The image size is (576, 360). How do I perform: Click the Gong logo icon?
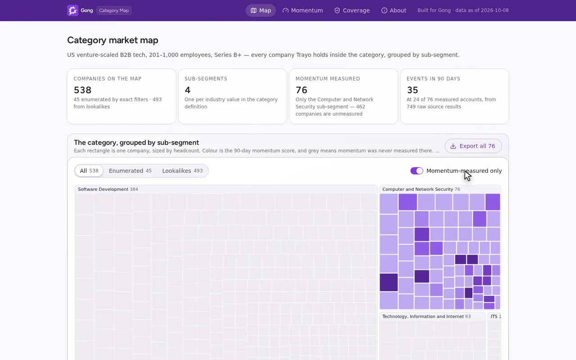coord(72,10)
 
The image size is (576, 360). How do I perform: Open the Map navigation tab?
coord(261,10)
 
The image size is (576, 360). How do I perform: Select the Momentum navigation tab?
coord(303,10)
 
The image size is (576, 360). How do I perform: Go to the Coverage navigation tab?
coord(352,10)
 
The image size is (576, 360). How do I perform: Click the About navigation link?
coord(394,10)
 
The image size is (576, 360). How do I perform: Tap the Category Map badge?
coord(114,10)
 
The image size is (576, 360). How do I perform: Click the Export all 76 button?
coord(473,146)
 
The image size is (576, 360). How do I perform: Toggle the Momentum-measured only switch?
coord(417,171)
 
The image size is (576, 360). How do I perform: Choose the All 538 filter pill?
coord(89,171)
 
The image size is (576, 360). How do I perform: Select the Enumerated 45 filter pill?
coord(130,171)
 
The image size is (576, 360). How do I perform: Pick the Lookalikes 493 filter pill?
coord(182,171)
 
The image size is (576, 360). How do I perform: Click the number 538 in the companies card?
coord(82,90)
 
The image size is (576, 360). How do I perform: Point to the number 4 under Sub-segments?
coord(188,90)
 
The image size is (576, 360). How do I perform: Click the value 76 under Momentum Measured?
coord(301,90)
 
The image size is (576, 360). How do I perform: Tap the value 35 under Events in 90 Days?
coord(413,90)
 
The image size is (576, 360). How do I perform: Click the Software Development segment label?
coord(103,189)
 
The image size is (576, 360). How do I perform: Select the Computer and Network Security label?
coord(418,189)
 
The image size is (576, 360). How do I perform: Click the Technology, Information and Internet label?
coord(423,316)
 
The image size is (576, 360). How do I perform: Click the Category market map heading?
coord(112,40)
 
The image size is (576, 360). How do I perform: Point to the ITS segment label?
coord(494,316)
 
